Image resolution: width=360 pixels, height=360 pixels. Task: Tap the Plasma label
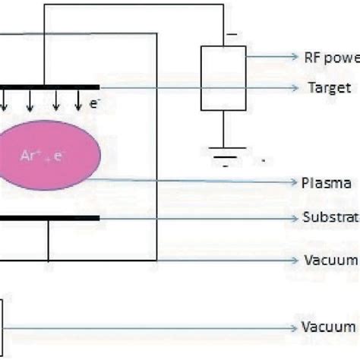click(326, 183)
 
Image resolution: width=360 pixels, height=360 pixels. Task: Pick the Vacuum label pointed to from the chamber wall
click(330, 260)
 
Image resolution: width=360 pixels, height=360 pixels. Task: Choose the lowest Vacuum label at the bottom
click(330, 327)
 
